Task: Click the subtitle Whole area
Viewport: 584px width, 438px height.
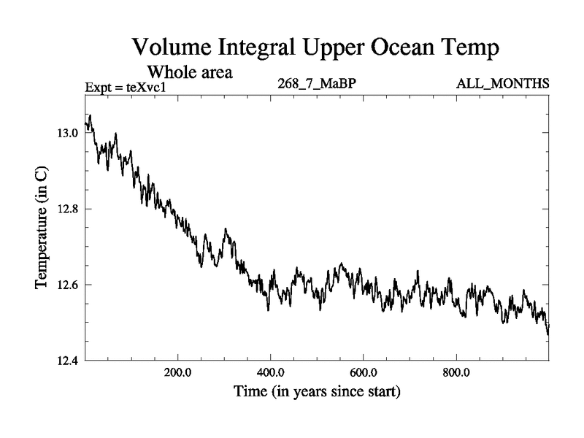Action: point(191,72)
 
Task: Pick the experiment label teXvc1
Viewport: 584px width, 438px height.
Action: point(146,87)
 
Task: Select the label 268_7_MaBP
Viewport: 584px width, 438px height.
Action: point(317,84)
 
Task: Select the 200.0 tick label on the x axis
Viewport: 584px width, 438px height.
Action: point(178,372)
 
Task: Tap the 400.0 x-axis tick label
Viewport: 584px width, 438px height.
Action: point(271,372)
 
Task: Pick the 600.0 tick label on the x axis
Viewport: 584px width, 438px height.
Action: point(364,372)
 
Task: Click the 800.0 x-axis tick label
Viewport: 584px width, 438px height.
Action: point(456,372)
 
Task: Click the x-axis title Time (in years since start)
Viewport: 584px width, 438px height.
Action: point(317,392)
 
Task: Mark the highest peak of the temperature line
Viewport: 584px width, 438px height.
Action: point(90,115)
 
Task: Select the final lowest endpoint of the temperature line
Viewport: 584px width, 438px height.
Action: point(547,334)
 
